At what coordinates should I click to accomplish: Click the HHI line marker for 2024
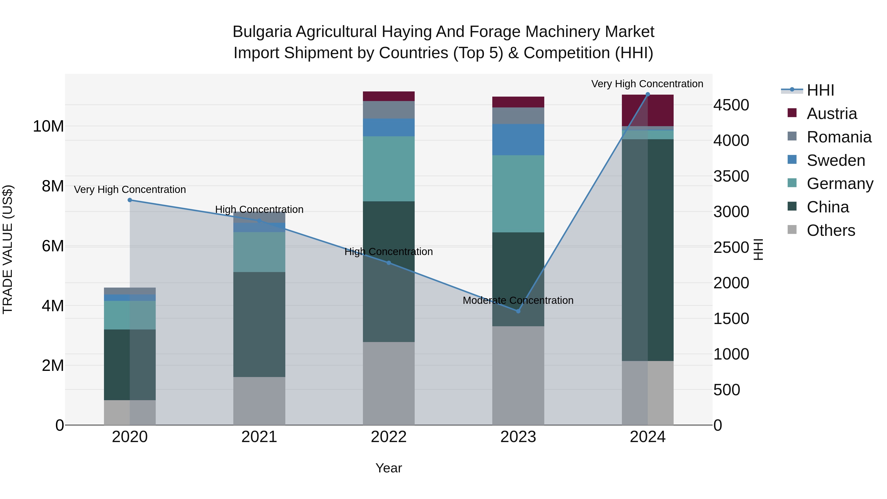(647, 94)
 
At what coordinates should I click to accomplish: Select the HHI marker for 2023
(518, 311)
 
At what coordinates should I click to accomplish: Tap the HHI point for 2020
(130, 200)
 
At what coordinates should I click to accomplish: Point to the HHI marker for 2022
(389, 263)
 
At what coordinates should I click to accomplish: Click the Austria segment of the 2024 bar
(647, 110)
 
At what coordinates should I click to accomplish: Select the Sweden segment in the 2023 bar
(518, 139)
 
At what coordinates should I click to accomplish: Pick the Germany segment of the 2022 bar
(389, 169)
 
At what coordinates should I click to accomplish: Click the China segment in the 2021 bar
(259, 324)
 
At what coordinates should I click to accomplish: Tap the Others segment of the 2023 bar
(518, 375)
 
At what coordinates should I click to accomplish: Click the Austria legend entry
(832, 114)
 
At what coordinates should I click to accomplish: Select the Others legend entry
(831, 230)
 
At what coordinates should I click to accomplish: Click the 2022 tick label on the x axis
(389, 437)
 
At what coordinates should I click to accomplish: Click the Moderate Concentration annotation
(518, 300)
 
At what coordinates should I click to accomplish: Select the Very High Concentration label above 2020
(130, 189)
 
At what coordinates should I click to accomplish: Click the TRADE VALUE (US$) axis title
(8, 249)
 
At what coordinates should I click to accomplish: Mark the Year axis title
(389, 468)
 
